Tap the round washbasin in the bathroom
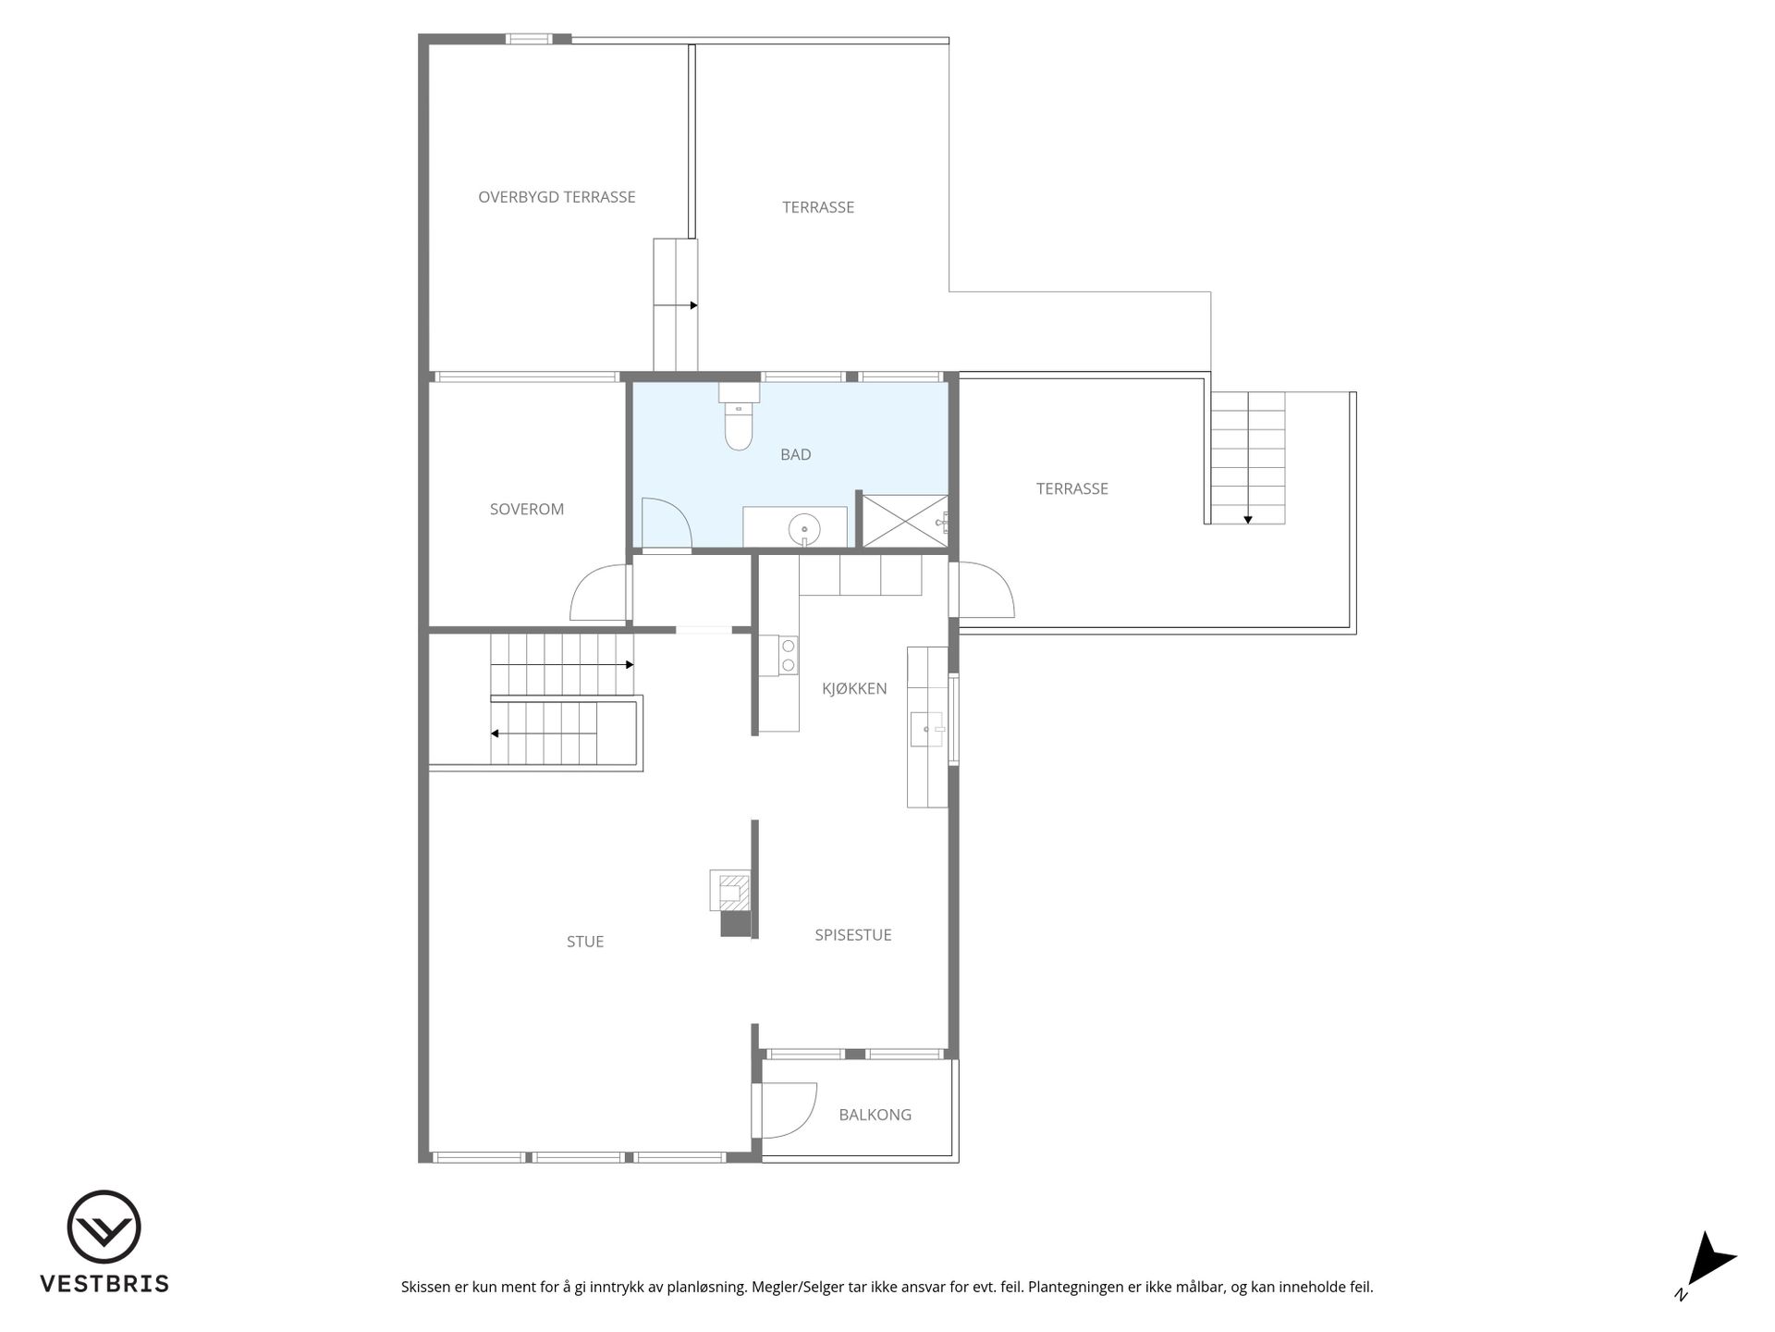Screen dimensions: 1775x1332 [x=804, y=531]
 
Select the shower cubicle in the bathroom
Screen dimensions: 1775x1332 [x=905, y=521]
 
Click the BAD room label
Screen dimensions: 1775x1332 [x=796, y=454]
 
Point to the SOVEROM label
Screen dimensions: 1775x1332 [x=527, y=509]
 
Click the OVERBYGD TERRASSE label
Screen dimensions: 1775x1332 [x=557, y=197]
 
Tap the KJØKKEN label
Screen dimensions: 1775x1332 [x=854, y=688]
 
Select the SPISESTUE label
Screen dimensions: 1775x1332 [x=853, y=935]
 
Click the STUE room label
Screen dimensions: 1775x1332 [x=585, y=942]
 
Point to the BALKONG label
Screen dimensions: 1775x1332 [x=875, y=1115]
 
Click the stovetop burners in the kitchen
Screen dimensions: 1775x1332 [x=789, y=655]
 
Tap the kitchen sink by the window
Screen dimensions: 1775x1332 [x=926, y=729]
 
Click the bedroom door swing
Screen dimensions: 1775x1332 [x=598, y=592]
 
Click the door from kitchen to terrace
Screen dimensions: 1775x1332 [x=986, y=589]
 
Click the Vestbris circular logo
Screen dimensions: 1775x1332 [x=104, y=1227]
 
